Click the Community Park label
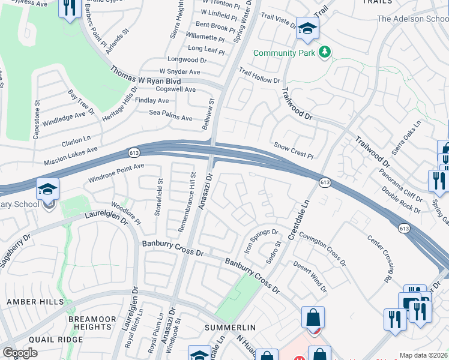pos(285,53)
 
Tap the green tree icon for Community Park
pos(325,52)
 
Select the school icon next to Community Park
pos(307,28)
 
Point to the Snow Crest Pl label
pos(294,151)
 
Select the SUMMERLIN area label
pos(230,328)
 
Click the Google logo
pos(20,353)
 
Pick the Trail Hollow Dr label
pos(259,76)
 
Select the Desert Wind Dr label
pos(310,275)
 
